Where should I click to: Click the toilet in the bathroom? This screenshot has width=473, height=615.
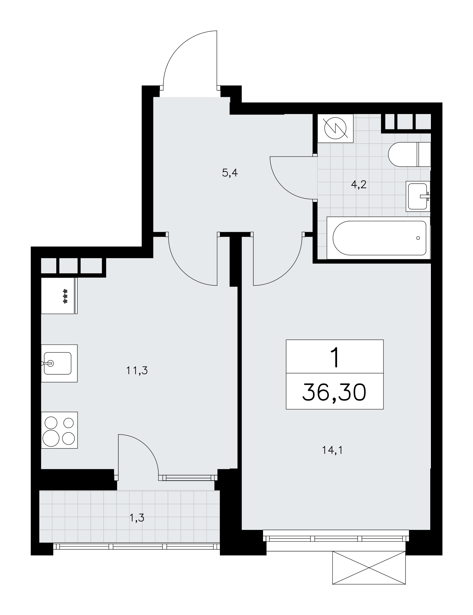tap(409, 154)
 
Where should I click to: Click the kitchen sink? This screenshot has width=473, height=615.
tap(59, 363)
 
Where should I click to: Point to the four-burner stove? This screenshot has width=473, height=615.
tap(59, 430)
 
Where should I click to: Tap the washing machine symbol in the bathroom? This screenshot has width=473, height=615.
tap(335, 128)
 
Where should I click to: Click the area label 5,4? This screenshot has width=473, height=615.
tap(230, 173)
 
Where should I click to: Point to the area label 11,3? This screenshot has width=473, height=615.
tap(137, 371)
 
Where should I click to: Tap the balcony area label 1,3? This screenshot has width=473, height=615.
tap(137, 518)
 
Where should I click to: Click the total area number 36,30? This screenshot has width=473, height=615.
tap(335, 393)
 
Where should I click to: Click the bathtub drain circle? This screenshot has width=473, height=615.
tap(418, 238)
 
